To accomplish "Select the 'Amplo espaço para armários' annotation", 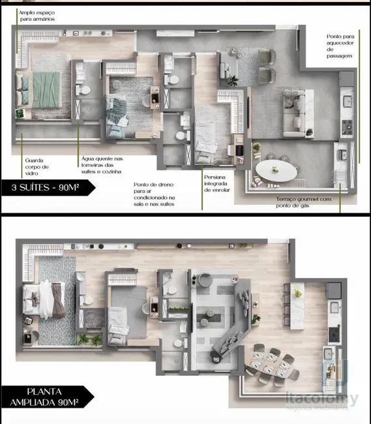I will [37, 16].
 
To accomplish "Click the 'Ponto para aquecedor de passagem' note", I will [340, 47].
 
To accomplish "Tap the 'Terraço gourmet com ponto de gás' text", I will [304, 202].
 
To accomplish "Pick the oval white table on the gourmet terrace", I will [275, 172].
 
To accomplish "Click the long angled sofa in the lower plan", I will [230, 335].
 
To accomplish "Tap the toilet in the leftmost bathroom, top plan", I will [83, 89].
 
